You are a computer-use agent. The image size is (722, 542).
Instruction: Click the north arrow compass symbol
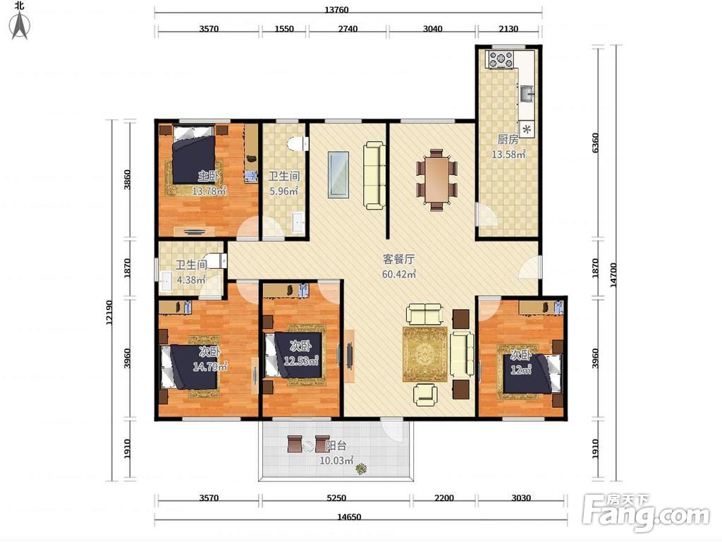(x=20, y=25)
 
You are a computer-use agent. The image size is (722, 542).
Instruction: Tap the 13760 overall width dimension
(x=336, y=10)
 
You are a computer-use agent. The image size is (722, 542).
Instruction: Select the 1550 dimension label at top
(x=284, y=28)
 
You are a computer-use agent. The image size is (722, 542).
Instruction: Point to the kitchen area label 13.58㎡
(x=508, y=155)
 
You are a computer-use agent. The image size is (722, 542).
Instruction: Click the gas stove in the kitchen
(x=501, y=60)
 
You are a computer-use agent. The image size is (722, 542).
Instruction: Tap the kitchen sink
(x=527, y=94)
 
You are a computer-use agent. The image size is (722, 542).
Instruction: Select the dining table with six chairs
(x=436, y=179)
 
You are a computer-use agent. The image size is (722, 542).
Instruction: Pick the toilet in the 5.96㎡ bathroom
(x=298, y=144)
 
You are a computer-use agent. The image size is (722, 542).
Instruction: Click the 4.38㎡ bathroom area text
(x=190, y=279)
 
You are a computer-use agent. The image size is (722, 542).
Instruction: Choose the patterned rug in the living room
(x=425, y=354)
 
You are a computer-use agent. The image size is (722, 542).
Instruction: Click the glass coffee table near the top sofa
(x=338, y=175)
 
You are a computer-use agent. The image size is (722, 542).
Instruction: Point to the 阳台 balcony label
(x=336, y=446)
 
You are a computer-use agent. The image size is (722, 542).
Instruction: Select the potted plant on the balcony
(x=362, y=469)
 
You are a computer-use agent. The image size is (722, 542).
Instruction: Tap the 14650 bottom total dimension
(x=349, y=517)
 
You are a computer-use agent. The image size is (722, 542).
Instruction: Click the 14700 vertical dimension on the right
(x=613, y=275)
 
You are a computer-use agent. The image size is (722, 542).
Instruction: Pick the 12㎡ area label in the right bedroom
(x=521, y=369)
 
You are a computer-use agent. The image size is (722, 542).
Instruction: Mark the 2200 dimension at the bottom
(x=444, y=498)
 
